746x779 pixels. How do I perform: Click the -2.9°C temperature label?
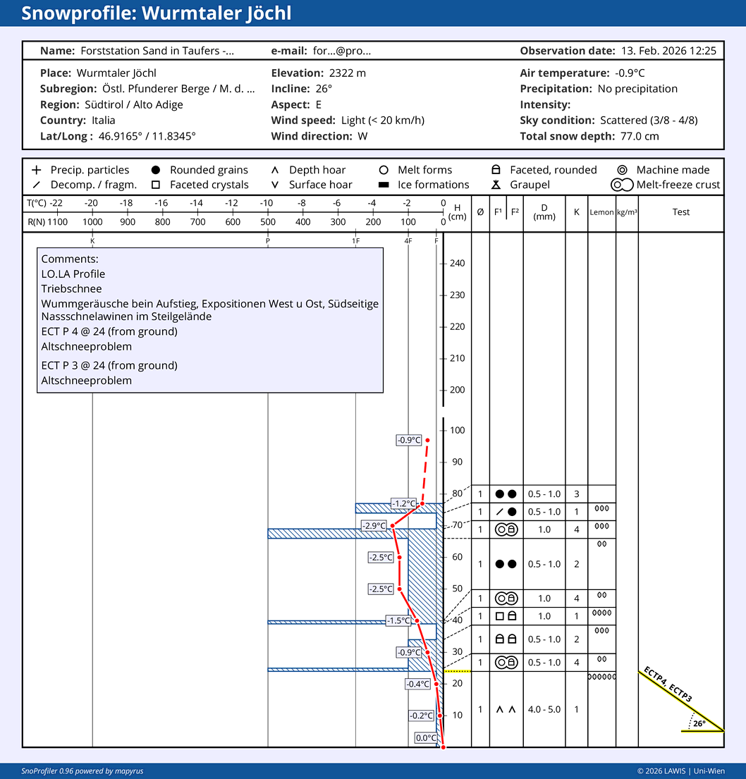374,526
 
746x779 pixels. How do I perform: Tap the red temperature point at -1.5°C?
417,621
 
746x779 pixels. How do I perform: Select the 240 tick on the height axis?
457,264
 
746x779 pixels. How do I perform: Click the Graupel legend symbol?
496,185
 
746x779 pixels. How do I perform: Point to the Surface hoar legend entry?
313,185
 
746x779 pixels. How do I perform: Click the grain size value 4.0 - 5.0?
544,709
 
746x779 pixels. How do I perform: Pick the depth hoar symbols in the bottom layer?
506,709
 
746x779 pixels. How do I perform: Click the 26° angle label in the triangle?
699,723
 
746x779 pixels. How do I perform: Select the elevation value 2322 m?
348,73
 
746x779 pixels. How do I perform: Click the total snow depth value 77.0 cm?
640,136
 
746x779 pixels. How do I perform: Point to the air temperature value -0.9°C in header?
630,73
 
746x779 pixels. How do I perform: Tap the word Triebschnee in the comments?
72,288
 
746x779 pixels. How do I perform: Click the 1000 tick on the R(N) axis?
92,222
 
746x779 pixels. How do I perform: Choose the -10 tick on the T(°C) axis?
267,203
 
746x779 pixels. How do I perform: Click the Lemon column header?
601,212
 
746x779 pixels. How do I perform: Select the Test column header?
681,212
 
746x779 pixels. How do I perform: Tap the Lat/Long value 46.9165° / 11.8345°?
147,136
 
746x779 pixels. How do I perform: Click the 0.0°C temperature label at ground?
426,738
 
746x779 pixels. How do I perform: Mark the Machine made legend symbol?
622,170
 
